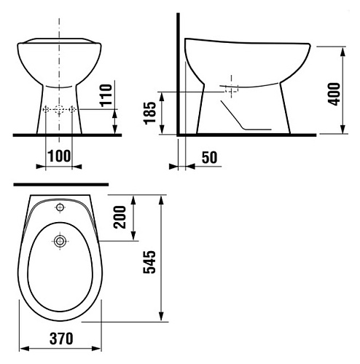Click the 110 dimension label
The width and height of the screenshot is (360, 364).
(106, 95)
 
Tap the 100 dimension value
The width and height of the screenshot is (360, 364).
(60, 156)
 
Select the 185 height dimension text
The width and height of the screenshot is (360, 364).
(150, 113)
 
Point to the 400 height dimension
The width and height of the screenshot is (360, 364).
(334, 94)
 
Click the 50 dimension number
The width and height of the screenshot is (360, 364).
(210, 157)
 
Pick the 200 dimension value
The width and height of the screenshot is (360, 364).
(120, 217)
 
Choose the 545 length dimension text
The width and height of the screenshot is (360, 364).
(149, 262)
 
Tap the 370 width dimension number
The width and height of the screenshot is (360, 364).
(61, 339)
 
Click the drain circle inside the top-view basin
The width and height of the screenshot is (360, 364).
(60, 241)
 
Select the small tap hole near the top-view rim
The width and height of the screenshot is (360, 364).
(60, 207)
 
